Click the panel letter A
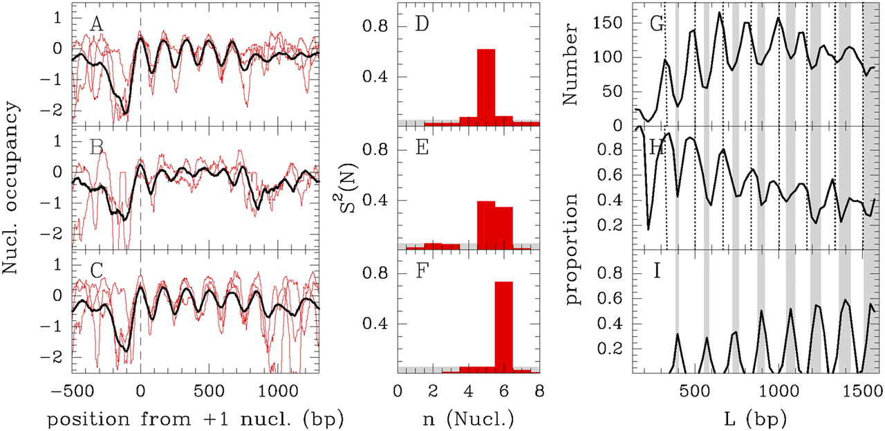tap(97, 26)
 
